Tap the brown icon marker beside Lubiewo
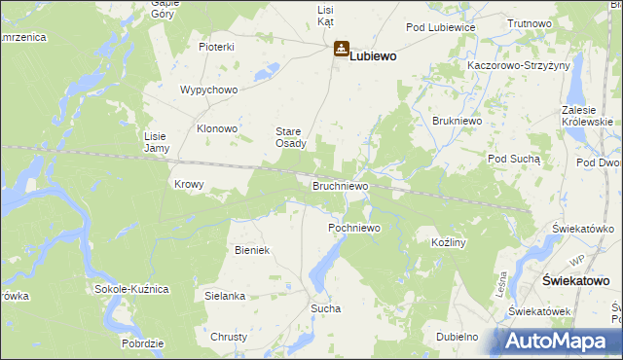click(x=342, y=48)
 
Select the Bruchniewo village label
click(x=340, y=184)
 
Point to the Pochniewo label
click(x=352, y=227)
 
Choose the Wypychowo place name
click(x=208, y=90)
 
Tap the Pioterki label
click(x=217, y=47)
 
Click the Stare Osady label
click(x=291, y=137)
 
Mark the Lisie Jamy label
click(x=157, y=142)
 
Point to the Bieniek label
click(x=251, y=250)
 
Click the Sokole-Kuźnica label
click(x=132, y=290)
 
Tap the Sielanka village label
click(x=224, y=295)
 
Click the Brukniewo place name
click(x=453, y=121)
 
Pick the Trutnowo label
click(x=530, y=22)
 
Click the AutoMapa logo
click(x=560, y=341)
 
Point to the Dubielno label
click(x=458, y=337)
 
